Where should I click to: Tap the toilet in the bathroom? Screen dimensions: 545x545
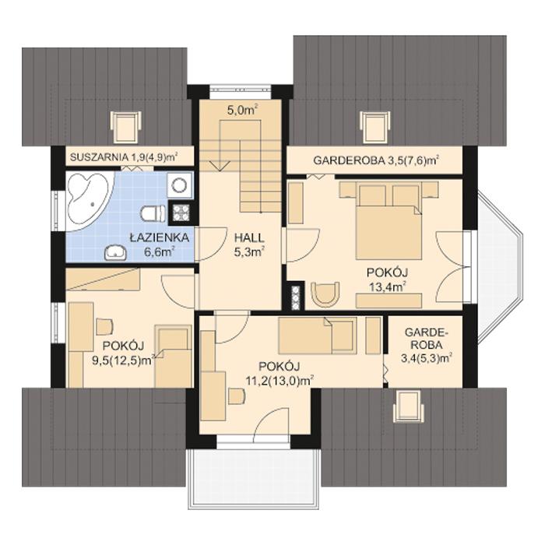(153, 213)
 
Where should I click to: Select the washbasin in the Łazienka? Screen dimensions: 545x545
(115, 251)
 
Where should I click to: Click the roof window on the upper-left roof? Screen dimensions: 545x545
(126, 125)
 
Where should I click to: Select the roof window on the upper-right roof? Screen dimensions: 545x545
(375, 125)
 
